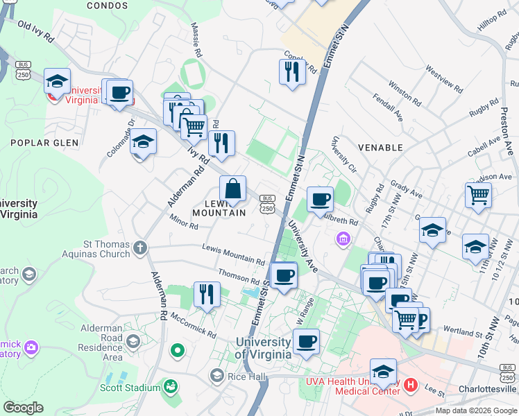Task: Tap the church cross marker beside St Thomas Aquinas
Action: click(x=140, y=248)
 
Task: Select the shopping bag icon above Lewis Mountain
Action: click(x=233, y=189)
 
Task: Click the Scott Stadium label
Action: click(x=129, y=388)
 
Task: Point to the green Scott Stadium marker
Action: click(x=170, y=385)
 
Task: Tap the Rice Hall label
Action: click(x=246, y=376)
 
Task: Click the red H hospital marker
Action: click(x=410, y=384)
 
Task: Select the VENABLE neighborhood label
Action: click(x=380, y=148)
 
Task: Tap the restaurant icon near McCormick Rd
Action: click(x=207, y=294)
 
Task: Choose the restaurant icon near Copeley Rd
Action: click(x=292, y=71)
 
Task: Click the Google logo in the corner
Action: click(x=23, y=408)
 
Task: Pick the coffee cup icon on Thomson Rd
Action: click(x=283, y=276)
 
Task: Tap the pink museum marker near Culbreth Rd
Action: click(x=342, y=241)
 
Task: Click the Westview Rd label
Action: click(x=445, y=80)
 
